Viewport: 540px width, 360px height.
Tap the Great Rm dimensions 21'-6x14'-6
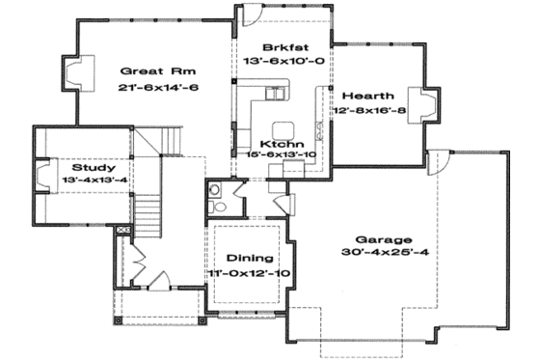point(147,87)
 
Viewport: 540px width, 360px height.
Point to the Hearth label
point(364,96)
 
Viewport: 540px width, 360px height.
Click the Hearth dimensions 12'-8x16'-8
point(368,112)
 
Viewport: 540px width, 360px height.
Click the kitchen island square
point(283,130)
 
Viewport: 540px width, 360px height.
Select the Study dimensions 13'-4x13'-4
point(94,180)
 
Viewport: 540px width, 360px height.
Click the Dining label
point(248,259)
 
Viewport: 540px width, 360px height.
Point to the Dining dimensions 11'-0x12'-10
point(250,275)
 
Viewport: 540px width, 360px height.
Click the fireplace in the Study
point(42,176)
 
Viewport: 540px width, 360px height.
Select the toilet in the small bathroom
point(218,206)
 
